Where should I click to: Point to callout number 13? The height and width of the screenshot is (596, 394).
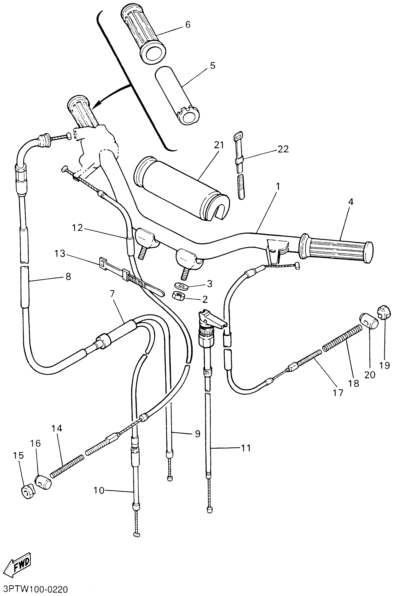(x=60, y=254)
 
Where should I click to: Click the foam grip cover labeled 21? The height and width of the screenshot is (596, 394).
(x=181, y=189)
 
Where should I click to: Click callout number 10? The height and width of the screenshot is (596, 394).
(x=99, y=490)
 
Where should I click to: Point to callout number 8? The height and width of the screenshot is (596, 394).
(x=68, y=276)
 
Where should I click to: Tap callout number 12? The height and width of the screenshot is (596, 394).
(x=77, y=228)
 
